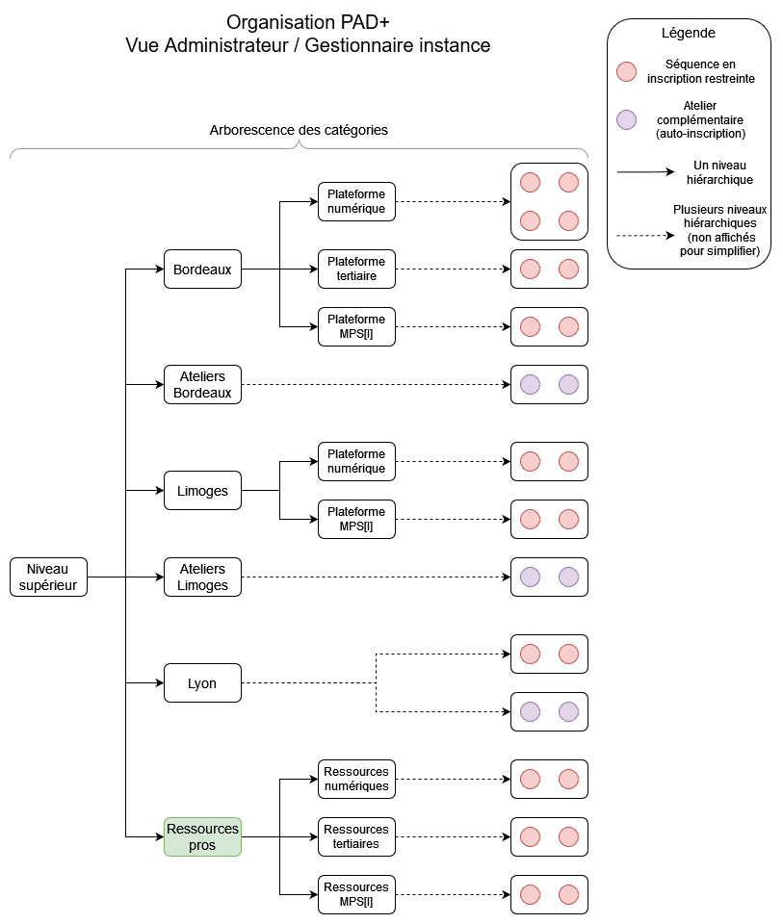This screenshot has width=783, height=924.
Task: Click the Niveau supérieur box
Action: [x=48, y=577]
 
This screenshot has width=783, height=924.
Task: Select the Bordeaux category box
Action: [x=202, y=269]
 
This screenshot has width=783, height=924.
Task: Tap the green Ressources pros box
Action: [x=202, y=836]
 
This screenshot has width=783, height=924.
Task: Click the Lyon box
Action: [x=202, y=683]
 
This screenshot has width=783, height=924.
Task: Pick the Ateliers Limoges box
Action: [x=202, y=577]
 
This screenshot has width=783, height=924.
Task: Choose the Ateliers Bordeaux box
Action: [x=202, y=385]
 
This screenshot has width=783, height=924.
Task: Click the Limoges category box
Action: [x=202, y=491]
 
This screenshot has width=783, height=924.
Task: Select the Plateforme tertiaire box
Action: [x=355, y=269]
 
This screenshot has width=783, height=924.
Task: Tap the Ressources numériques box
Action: [x=355, y=779]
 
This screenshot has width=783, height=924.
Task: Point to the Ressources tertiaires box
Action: [x=355, y=836]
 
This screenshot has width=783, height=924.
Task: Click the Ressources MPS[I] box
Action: [x=355, y=894]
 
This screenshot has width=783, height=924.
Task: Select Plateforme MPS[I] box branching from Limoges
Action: [x=355, y=519]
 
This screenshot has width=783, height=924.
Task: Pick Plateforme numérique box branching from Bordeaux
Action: [x=355, y=201]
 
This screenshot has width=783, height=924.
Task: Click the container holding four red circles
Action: [x=548, y=201]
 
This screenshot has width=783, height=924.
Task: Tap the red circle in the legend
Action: [x=626, y=71]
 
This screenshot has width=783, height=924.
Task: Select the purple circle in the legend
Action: [x=626, y=119]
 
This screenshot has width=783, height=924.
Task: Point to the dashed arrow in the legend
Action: [x=645, y=235]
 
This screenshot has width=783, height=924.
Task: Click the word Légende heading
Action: [x=688, y=33]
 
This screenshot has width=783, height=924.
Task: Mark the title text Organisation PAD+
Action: [x=307, y=21]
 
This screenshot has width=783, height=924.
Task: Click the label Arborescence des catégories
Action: [x=299, y=130]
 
